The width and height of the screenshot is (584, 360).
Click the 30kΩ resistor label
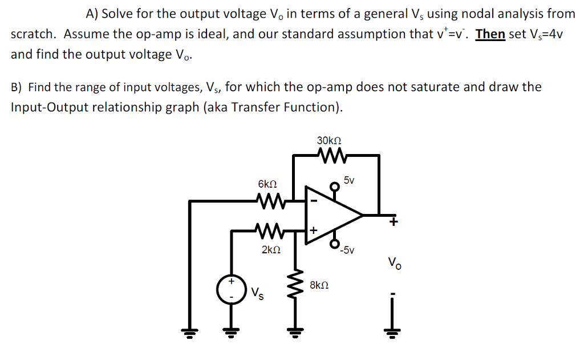328,140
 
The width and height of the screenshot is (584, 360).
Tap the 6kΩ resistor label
267,185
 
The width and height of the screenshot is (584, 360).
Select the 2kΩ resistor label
271,250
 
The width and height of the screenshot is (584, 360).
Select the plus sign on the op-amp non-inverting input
313,230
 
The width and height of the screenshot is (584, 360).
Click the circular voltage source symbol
231,289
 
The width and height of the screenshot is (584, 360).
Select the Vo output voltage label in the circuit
394,264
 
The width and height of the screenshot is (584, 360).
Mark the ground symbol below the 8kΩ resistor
295,332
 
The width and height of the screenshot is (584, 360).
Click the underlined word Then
490,34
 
